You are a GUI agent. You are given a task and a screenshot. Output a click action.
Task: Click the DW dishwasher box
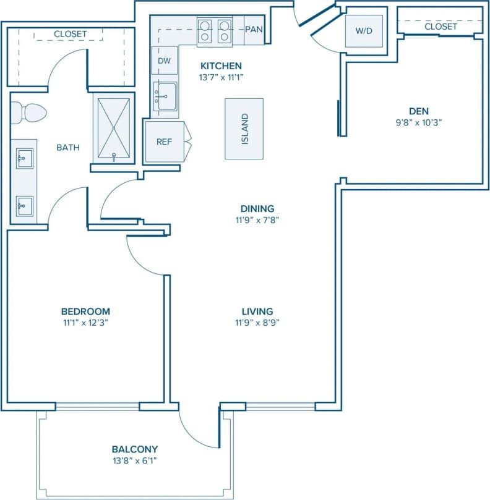165,61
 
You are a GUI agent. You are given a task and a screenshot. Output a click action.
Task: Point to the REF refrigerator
164,142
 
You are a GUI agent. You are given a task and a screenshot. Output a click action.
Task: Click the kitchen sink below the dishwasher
165,96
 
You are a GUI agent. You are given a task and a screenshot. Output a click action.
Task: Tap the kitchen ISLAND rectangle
244,129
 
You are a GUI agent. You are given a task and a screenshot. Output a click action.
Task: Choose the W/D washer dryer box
364,30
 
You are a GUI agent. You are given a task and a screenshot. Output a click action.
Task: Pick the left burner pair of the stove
205,30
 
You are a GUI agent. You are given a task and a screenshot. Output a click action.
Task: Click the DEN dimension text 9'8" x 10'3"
419,122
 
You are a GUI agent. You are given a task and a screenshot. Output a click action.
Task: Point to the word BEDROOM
85,311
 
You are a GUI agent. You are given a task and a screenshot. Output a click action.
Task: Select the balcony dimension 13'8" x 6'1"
135,460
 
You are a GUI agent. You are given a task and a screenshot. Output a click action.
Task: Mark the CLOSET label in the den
441,27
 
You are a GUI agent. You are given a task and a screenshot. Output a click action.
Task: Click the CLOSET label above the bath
71,33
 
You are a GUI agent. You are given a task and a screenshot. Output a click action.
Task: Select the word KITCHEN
220,66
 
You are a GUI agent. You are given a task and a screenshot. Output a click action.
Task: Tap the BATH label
68,147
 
